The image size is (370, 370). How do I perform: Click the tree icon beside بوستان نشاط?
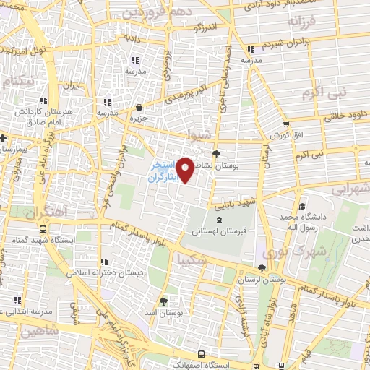[x=216, y=153]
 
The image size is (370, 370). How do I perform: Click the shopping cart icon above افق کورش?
[x=286, y=124]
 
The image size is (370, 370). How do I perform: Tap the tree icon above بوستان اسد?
[x=163, y=301]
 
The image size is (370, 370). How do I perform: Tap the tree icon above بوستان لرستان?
[x=262, y=268]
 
